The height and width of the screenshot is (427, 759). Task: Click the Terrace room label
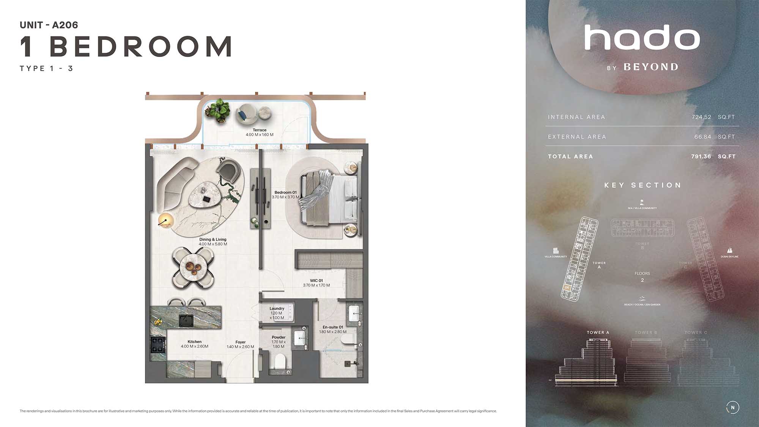pos(260,130)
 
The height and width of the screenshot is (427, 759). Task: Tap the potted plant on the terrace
pos(218,110)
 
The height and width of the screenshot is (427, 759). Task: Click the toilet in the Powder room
pos(280,361)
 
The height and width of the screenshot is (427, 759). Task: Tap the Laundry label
pos(277,309)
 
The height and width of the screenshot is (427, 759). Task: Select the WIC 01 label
pos(316,281)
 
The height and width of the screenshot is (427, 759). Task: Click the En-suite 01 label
pos(333,327)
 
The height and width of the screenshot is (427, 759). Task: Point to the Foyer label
pos(240,342)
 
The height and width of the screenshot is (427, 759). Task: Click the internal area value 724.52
pos(701,117)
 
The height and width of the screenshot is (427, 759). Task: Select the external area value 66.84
pos(702,137)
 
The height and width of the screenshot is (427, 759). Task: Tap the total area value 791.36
pos(701,157)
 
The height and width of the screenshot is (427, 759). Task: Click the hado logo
pos(642,38)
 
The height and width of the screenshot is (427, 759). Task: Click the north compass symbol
pos(732,408)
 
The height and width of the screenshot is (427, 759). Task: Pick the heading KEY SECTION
pos(643,185)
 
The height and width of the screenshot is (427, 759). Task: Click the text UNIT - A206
pos(49,25)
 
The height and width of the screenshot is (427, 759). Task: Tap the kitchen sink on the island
pos(186,320)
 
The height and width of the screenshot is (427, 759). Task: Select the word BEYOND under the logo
pos(651,67)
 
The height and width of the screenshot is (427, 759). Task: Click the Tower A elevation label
pos(598,332)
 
